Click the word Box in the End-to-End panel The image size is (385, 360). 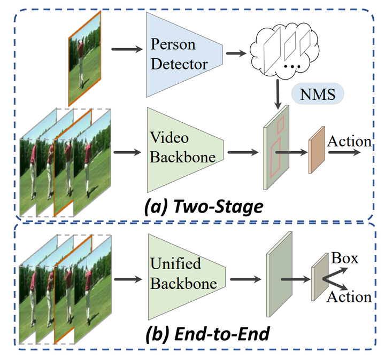tap(344, 259)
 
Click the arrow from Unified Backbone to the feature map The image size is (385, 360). tap(243, 278)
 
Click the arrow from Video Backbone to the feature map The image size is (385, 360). tap(243, 152)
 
